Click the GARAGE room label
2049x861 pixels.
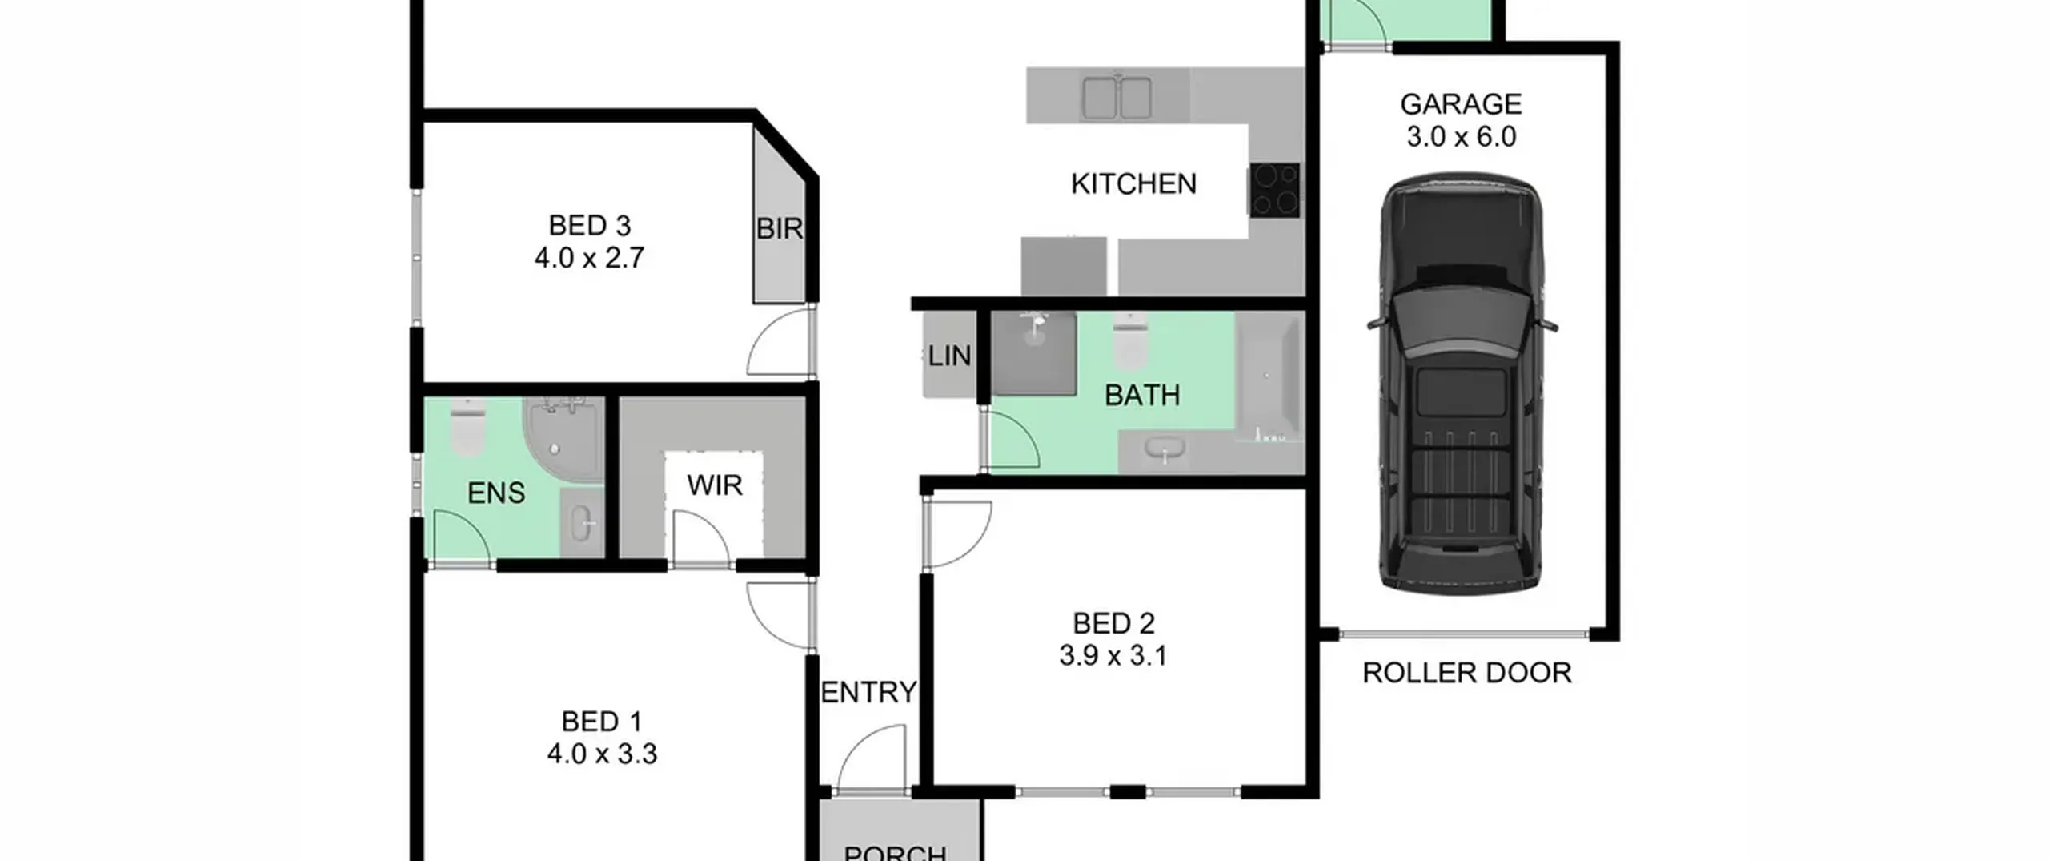tap(1461, 104)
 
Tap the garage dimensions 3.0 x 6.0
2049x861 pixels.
tap(1462, 137)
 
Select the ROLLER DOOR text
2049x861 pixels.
tap(1467, 673)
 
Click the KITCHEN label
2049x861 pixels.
tap(1133, 184)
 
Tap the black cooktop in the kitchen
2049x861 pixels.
tap(1274, 190)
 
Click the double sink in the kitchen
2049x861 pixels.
tap(1117, 97)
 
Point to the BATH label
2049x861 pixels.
tap(1142, 395)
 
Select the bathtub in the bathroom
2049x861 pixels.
tap(1269, 376)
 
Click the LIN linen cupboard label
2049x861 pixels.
tap(949, 356)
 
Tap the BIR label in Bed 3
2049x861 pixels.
tap(780, 229)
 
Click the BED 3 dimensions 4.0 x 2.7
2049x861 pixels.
tap(589, 259)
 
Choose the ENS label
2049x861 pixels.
tap(496, 493)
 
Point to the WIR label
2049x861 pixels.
tap(715, 485)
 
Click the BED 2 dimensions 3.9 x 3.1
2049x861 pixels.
tap(1113, 656)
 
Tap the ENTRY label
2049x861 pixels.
tap(869, 692)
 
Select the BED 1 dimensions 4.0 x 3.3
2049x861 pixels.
tap(602, 754)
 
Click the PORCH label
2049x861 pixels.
tap(896, 851)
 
